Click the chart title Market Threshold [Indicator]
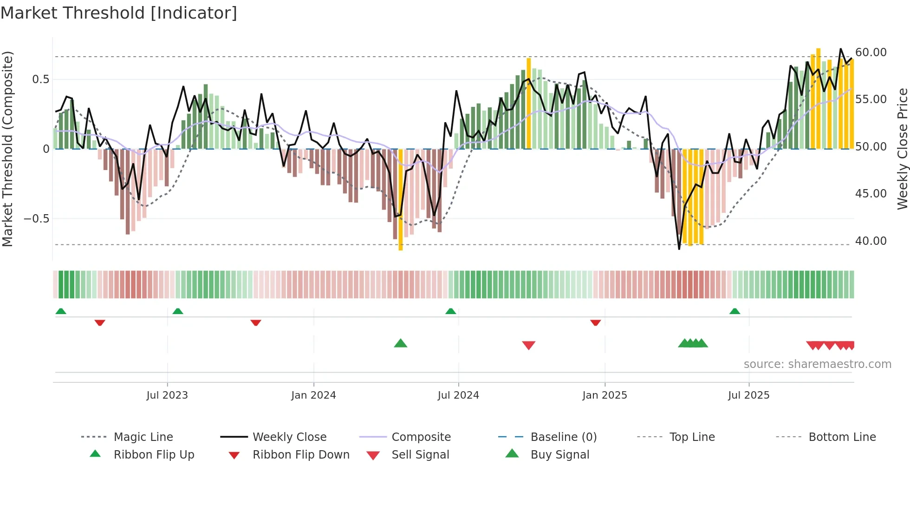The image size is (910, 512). (x=119, y=13)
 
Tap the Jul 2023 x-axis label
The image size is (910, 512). (x=167, y=395)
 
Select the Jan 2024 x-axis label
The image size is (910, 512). (x=313, y=395)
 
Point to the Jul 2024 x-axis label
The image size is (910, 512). (x=458, y=395)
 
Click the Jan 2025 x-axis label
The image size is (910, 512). (x=604, y=395)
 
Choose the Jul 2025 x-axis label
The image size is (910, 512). (x=748, y=395)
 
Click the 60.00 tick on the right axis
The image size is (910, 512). (x=871, y=53)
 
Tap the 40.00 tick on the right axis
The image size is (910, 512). (x=871, y=241)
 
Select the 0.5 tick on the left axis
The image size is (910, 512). (x=40, y=79)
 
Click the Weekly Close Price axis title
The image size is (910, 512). (x=902, y=149)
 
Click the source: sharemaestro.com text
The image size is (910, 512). (x=817, y=364)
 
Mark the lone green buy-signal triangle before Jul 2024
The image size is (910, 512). (x=400, y=344)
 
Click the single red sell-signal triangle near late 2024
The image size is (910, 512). (x=528, y=345)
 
